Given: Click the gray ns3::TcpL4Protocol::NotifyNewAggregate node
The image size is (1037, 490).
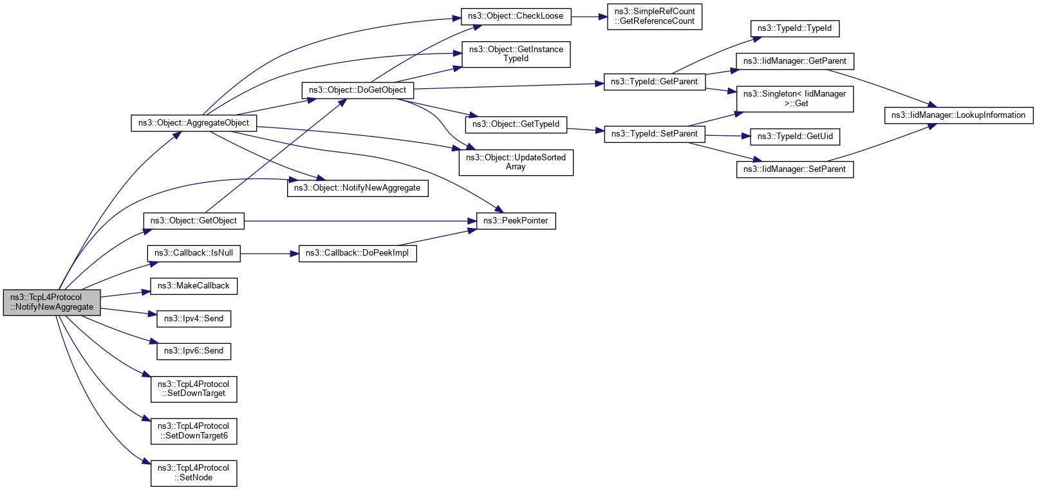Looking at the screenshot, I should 51,302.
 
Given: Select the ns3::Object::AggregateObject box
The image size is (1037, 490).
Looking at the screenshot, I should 193,123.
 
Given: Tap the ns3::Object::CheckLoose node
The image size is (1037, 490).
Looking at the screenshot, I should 516,16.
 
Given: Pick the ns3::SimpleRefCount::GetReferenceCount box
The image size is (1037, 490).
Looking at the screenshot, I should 655,16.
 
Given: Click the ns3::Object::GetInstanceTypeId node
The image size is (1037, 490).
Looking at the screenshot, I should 516,54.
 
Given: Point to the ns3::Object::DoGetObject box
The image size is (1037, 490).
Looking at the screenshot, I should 357,90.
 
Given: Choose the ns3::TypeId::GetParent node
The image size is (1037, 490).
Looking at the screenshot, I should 654,82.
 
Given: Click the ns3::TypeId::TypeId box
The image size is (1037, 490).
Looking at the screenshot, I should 794,28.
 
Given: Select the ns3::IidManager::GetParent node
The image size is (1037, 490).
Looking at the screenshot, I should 794,61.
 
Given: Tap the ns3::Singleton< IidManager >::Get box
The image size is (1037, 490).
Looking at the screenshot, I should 794,99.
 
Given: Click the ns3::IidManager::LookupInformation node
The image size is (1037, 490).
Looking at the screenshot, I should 958,115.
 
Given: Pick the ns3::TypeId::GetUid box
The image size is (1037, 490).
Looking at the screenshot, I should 795,137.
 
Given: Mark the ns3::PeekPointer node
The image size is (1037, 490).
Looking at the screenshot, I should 516,221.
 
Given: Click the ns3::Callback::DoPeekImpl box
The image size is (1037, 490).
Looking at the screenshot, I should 357,253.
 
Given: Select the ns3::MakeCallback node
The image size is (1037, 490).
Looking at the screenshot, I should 193,286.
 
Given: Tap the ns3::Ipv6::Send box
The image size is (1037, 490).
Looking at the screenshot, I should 193,351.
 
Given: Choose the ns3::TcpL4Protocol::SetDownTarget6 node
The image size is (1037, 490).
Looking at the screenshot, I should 193,431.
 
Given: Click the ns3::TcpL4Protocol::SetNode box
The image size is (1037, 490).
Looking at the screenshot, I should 193,473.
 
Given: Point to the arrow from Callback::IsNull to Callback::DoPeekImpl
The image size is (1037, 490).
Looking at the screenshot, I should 269,254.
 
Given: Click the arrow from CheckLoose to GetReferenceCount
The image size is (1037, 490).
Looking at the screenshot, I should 589,16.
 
